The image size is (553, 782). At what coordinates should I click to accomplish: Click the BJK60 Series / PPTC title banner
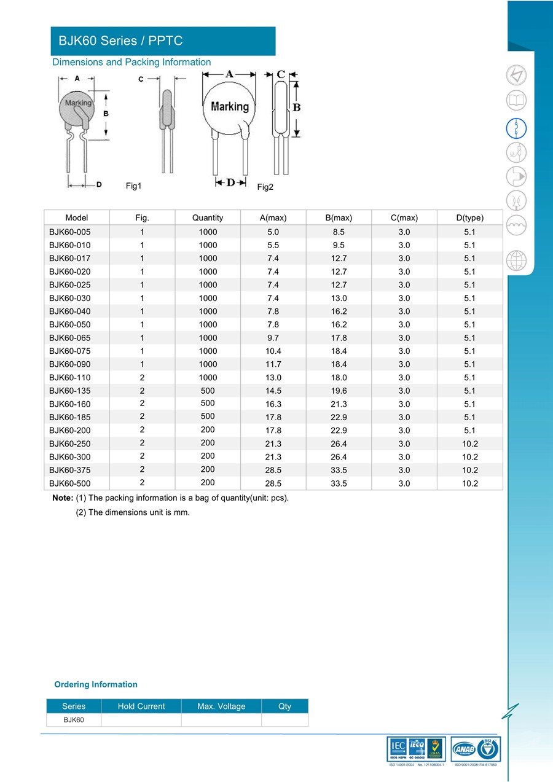(x=162, y=41)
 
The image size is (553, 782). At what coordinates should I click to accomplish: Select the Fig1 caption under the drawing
(x=133, y=186)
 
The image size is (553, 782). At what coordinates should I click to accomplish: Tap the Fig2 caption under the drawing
(x=265, y=187)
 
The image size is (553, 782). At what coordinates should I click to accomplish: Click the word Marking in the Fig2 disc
(x=230, y=106)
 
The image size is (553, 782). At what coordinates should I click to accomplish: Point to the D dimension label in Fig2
(x=230, y=182)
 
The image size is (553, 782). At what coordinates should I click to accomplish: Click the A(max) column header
(x=273, y=217)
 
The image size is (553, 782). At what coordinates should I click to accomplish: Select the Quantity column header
(x=207, y=217)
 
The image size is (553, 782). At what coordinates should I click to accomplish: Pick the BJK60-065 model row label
(x=70, y=337)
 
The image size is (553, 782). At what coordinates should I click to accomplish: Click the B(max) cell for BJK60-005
(x=339, y=232)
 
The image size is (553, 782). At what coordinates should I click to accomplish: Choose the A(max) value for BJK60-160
(x=273, y=404)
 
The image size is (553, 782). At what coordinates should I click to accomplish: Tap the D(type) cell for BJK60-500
(x=469, y=483)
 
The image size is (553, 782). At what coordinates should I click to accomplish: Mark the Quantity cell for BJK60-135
(x=207, y=390)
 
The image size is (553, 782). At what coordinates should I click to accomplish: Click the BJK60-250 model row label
(x=70, y=444)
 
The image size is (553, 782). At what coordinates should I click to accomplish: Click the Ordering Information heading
(x=96, y=684)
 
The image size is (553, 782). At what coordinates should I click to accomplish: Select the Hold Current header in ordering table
(x=141, y=706)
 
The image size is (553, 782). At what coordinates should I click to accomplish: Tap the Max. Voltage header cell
(x=221, y=706)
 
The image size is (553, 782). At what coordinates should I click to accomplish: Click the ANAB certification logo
(x=465, y=749)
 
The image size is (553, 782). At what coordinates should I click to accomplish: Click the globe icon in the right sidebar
(x=516, y=260)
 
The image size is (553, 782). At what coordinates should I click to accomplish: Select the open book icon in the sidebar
(x=516, y=100)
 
